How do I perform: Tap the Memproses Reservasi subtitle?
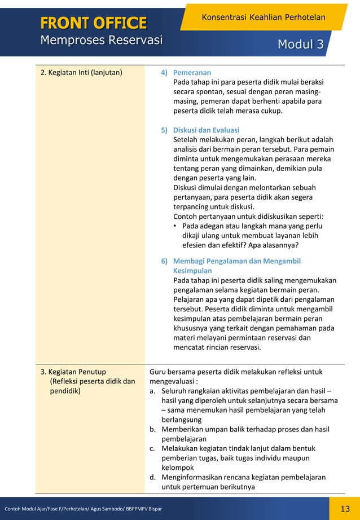tap(101, 40)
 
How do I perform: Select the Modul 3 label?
tap(300, 45)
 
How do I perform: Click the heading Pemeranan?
tap(192, 73)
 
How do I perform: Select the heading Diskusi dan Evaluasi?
tap(206, 130)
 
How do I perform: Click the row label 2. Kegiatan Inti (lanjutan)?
tap(82, 73)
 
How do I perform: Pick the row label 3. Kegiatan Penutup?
tap(73, 372)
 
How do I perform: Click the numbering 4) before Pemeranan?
tap(164, 73)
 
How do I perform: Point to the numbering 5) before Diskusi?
tap(164, 130)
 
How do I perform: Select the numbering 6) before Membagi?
tap(164, 261)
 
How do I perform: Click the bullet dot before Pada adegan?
tap(176, 226)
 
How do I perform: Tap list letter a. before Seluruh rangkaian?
tap(152, 391)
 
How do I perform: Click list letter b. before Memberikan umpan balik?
tap(152, 430)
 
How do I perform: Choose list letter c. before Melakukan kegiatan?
tap(152, 449)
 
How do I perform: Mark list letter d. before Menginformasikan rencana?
tap(152, 478)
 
